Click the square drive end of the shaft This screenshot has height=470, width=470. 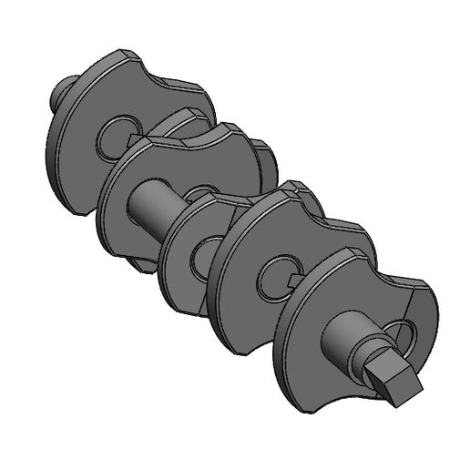(393, 381)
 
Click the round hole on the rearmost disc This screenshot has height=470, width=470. (113, 135)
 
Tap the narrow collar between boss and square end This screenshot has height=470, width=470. (369, 359)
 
